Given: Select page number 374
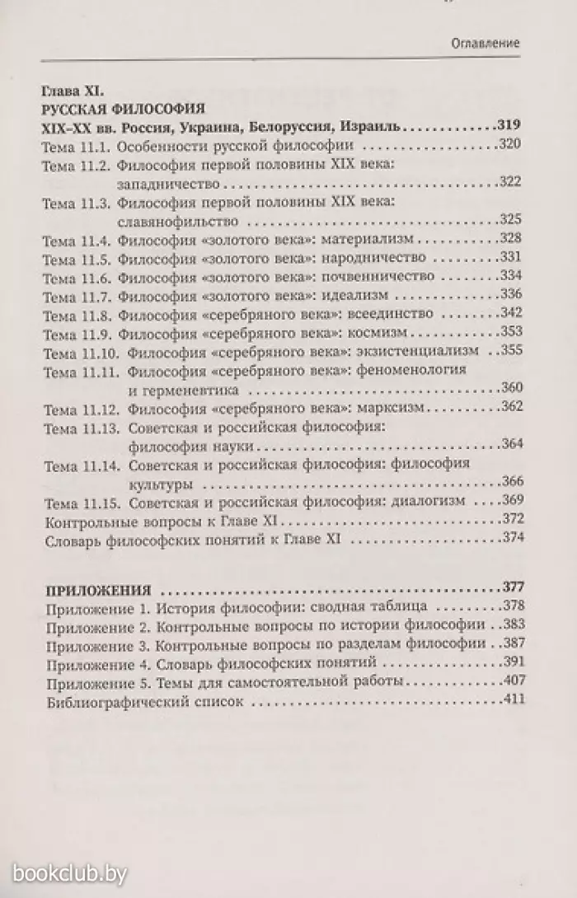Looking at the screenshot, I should click(x=510, y=539).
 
